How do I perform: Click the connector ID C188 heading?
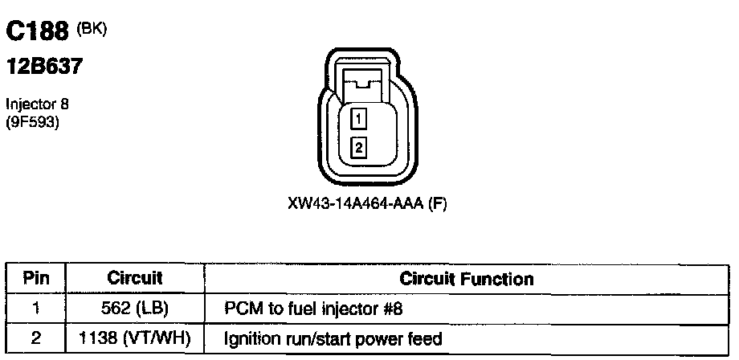[x=38, y=32]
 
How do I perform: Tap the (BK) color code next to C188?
[x=91, y=29]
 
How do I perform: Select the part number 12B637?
[x=44, y=67]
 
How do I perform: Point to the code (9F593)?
[x=32, y=123]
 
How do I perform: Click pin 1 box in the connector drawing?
[x=359, y=119]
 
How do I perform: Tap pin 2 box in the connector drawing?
[x=359, y=147]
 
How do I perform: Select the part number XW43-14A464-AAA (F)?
[x=366, y=204]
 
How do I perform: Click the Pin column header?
[x=36, y=279]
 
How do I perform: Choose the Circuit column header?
[x=135, y=279]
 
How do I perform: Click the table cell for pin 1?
[x=36, y=309]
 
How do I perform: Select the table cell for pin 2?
[x=36, y=339]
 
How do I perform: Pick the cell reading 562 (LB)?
[x=135, y=309]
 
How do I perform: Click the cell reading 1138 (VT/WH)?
[x=135, y=339]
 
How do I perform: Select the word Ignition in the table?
[x=253, y=340]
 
